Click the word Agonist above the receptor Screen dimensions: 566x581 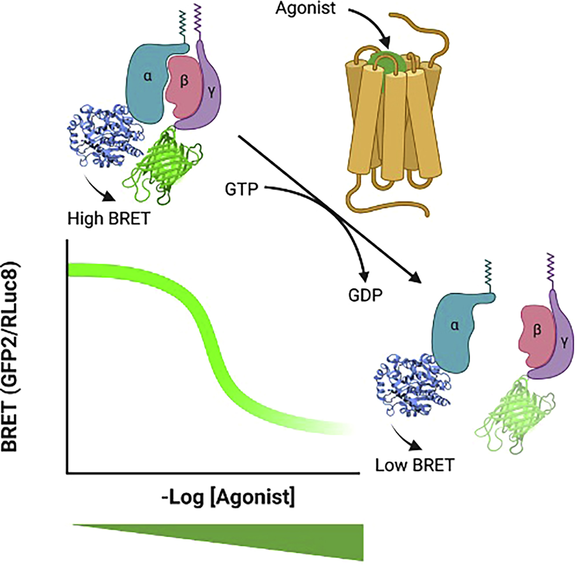(305, 8)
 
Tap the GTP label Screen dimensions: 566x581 (241, 190)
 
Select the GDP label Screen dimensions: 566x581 (365, 295)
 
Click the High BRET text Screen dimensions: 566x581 (109, 219)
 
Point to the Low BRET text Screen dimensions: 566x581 (415, 465)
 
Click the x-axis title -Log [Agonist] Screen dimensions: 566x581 (229, 497)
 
